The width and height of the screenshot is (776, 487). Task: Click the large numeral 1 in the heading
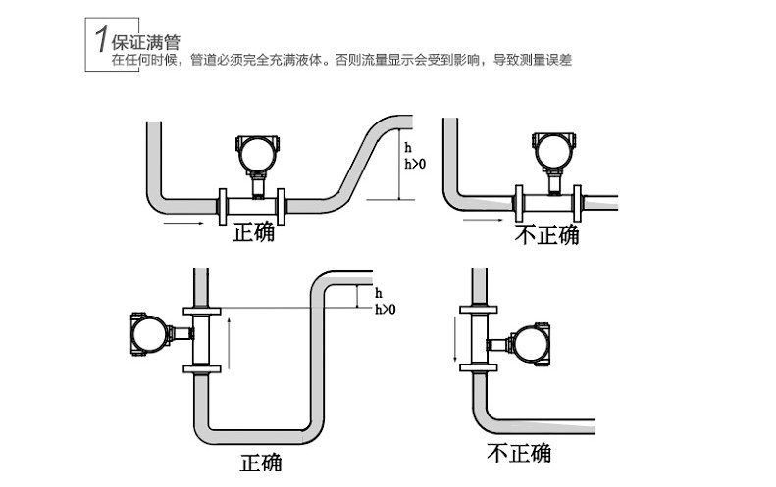click(102, 39)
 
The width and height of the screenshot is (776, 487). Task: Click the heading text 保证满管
click(145, 42)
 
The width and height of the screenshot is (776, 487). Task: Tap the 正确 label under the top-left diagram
click(253, 233)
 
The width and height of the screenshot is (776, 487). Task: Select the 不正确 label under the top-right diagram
click(546, 235)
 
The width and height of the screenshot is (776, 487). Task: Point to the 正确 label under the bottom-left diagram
click(261, 463)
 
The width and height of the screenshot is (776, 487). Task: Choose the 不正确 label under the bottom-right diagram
click(519, 453)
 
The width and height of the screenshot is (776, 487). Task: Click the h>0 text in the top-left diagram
click(415, 164)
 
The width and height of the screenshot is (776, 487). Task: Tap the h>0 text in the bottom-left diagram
click(385, 310)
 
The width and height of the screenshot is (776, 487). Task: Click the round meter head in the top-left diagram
click(257, 155)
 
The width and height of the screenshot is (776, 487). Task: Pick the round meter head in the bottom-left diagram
click(150, 334)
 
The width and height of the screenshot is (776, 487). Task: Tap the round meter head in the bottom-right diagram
click(530, 344)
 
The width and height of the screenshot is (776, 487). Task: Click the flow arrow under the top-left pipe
click(183, 224)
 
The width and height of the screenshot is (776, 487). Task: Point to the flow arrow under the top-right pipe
click(483, 220)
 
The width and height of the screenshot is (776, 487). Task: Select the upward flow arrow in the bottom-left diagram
click(229, 344)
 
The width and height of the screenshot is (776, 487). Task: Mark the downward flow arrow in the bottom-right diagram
click(454, 339)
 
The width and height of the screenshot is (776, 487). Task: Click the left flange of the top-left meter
click(223, 207)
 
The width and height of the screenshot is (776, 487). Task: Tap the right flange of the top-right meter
click(577, 204)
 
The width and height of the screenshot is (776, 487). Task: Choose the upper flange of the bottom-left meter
click(202, 311)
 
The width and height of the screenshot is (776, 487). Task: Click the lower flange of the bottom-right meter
click(478, 367)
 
